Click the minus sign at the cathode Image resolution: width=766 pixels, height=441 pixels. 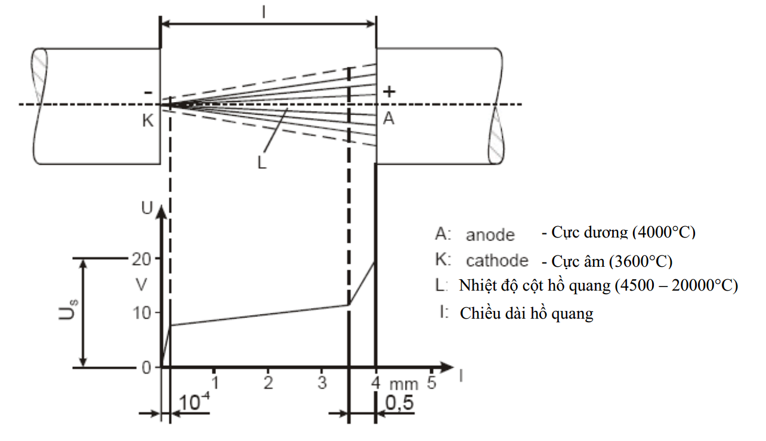[x=148, y=92]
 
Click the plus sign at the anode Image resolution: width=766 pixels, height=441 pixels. [x=389, y=91]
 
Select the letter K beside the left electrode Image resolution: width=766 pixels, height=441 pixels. [x=148, y=121]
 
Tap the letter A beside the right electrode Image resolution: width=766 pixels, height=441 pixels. [x=388, y=118]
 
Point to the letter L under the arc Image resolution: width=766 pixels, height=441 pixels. [x=262, y=162]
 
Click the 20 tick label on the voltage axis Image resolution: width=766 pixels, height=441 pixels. [x=141, y=260]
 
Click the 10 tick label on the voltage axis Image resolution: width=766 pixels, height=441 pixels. [x=141, y=313]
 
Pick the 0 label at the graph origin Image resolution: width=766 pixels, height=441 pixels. [x=146, y=368]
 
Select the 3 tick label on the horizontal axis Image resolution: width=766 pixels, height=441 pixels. [x=322, y=383]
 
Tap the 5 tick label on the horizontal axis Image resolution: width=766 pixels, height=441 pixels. [x=431, y=382]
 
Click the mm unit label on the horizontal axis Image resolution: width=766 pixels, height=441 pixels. [x=404, y=385]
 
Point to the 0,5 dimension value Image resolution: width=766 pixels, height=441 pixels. [x=400, y=402]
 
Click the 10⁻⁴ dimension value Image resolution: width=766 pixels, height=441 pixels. [x=194, y=401]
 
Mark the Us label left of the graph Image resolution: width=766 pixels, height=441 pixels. [x=69, y=310]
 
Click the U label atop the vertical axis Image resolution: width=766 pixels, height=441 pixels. [x=147, y=208]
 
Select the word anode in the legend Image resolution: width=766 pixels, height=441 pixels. [x=490, y=235]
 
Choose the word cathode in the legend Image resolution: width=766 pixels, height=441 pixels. [x=497, y=261]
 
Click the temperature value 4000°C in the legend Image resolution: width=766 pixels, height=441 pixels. [x=663, y=233]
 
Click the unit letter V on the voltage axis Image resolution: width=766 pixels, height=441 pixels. [x=141, y=285]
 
